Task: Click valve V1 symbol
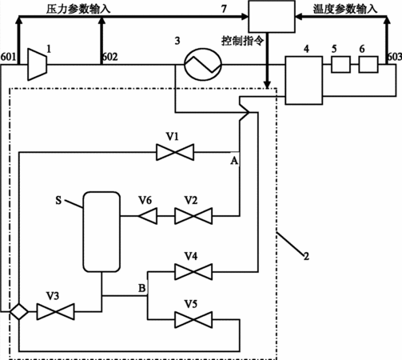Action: click(175, 152)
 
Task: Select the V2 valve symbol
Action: click(193, 216)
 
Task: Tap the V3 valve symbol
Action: click(55, 311)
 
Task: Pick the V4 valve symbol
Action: click(193, 272)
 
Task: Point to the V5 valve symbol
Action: click(193, 319)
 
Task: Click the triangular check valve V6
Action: click(148, 216)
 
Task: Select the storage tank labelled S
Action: click(101, 232)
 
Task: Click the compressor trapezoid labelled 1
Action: click(38, 64)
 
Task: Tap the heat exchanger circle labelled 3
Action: click(203, 64)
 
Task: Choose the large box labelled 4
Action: click(304, 80)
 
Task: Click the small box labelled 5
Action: click(340, 64)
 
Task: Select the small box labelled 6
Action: click(368, 64)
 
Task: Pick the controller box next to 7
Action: click(272, 17)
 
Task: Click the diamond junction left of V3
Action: click(19, 311)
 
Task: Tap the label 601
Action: click(8, 57)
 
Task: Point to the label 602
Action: click(110, 57)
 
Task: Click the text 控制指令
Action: click(243, 41)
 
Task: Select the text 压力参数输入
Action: click(78, 9)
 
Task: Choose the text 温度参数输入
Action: click(345, 9)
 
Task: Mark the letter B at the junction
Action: click(142, 288)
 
